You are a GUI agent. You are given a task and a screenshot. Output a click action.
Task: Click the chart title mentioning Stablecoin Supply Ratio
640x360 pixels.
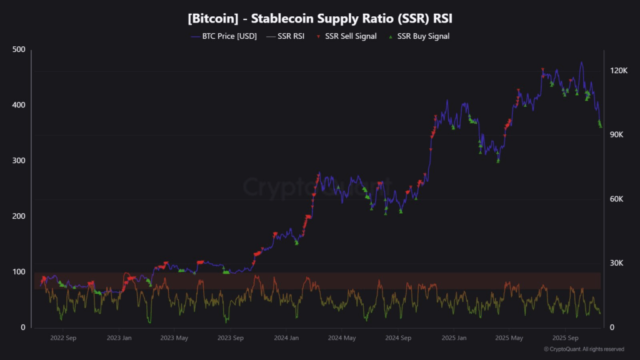click(x=320, y=18)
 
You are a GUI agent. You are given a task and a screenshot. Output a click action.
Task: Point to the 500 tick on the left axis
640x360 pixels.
click(x=19, y=50)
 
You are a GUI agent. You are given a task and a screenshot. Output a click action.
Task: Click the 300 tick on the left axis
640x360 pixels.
click(x=19, y=161)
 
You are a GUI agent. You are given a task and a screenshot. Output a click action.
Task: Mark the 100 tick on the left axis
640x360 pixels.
click(x=19, y=272)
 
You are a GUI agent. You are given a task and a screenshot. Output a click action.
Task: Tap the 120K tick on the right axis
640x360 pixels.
click(x=619, y=71)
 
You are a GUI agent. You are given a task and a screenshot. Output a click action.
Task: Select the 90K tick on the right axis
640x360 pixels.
click(x=617, y=135)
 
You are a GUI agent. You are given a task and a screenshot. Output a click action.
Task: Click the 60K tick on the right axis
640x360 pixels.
click(x=617, y=199)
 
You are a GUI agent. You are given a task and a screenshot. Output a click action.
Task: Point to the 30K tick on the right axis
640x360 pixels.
click(x=617, y=263)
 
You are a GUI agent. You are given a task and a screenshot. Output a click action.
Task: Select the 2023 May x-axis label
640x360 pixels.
click(x=175, y=338)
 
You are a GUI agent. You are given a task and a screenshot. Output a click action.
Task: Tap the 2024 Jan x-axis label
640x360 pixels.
click(x=286, y=338)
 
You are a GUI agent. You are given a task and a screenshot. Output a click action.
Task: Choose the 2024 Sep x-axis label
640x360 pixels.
click(x=397, y=338)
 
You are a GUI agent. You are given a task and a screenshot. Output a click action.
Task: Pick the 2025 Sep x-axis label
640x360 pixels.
click(x=565, y=338)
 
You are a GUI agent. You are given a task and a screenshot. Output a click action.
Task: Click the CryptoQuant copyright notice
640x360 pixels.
click(x=584, y=349)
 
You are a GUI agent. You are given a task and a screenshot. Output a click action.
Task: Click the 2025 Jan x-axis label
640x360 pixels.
click(x=454, y=338)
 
